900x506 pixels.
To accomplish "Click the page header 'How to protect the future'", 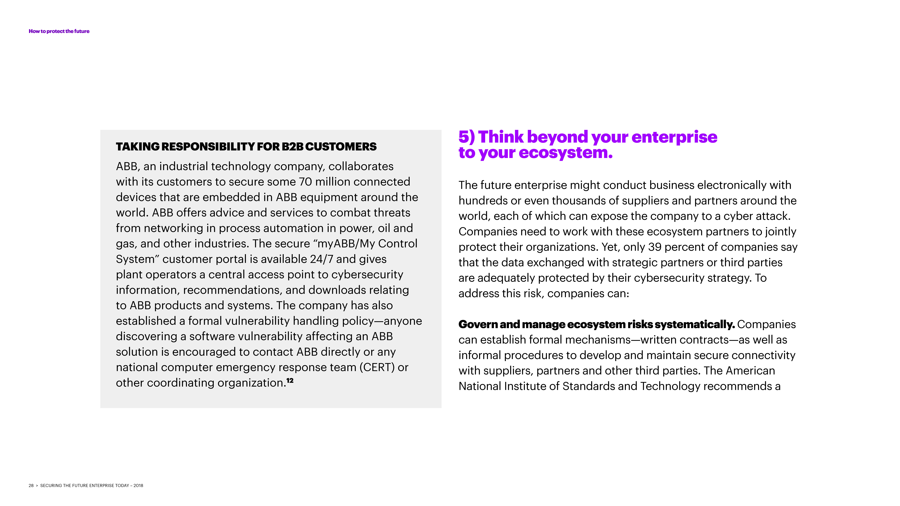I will point(59,31).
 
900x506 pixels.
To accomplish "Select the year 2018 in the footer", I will point(138,485).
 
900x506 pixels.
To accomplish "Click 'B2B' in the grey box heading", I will point(292,147).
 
